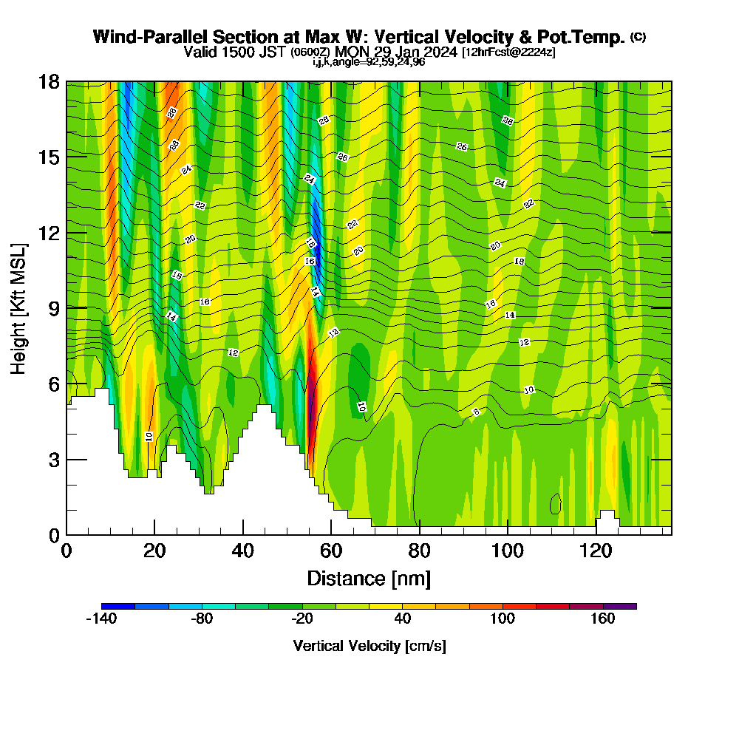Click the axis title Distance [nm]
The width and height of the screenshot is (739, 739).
click(x=369, y=578)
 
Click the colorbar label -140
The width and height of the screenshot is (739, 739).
click(x=101, y=619)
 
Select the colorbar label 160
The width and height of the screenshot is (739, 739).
click(x=603, y=619)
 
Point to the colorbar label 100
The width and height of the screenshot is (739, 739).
click(x=503, y=619)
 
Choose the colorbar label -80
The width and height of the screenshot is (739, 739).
click(x=202, y=619)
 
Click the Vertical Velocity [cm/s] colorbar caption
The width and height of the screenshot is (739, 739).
click(x=369, y=647)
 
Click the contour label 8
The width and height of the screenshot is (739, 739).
click(x=477, y=412)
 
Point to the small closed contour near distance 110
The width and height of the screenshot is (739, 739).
click(x=556, y=504)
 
